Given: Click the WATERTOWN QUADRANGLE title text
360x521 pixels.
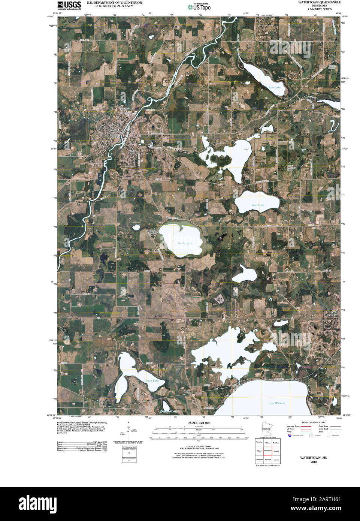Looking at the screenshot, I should click(319, 2).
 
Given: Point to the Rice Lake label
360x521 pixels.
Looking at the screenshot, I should click(274, 87).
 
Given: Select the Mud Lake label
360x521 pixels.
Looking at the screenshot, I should click(258, 205).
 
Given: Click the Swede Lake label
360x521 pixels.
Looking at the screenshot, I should click(185, 243).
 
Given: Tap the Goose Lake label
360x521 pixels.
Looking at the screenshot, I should click(152, 381).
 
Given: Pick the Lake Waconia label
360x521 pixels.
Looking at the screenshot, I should click(276, 403).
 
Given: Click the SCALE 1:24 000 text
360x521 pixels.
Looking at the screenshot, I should click(199, 423).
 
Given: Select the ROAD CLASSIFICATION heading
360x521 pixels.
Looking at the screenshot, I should click(314, 422).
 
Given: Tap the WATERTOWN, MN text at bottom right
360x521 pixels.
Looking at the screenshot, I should click(314, 458).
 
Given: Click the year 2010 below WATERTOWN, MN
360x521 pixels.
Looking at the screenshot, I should click(314, 462).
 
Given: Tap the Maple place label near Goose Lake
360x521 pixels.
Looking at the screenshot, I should click(187, 392).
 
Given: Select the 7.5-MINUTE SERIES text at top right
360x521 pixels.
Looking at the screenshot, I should click(320, 9).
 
